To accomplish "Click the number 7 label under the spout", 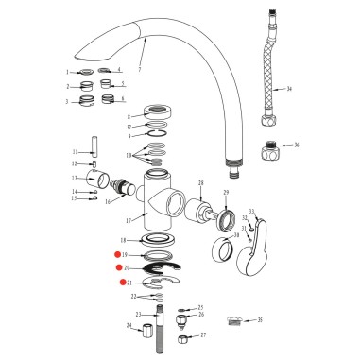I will tap(139, 71).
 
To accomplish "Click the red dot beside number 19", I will tap(116, 255).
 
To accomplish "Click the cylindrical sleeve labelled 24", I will tap(146, 334).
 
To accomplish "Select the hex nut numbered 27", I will tap(183, 336).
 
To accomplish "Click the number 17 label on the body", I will tap(130, 220).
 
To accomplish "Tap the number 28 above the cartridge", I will tap(199, 183).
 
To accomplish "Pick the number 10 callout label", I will tap(130, 154).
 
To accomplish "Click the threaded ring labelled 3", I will tap(83, 102).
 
